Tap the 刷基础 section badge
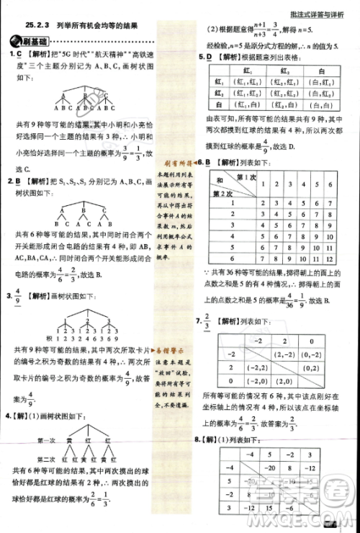(x=35, y=42)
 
